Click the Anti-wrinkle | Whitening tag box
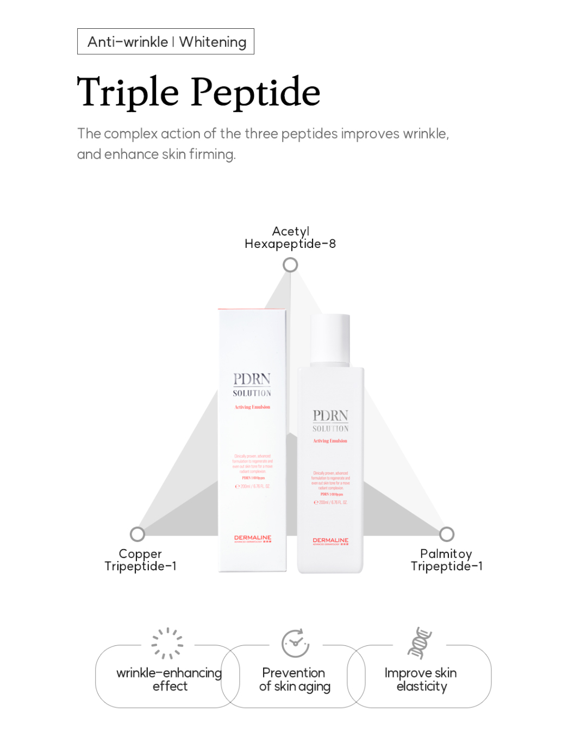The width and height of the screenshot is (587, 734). point(166,42)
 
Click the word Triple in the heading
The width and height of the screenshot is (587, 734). point(128,92)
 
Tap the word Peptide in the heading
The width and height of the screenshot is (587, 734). point(255,92)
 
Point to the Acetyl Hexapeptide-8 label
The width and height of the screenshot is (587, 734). point(290,238)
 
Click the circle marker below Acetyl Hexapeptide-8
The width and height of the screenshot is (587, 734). point(290,265)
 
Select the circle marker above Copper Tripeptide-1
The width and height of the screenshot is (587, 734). point(138,534)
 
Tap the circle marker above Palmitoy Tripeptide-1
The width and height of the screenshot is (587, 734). point(447,534)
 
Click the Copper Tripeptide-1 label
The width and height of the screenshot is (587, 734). point(140,560)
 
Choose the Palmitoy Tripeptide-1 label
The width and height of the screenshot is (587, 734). point(446,560)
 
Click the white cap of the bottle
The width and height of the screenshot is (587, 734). point(330,338)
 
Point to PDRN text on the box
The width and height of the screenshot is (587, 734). point(252,379)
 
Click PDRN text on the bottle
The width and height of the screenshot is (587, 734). point(330,416)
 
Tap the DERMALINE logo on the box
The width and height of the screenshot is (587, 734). point(253,538)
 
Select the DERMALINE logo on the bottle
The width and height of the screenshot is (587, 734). point(330,541)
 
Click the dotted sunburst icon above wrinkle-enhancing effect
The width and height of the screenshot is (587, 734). point(167,643)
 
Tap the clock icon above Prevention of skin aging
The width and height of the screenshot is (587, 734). point(295,643)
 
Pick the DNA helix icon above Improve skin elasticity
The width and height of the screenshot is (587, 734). point(420,643)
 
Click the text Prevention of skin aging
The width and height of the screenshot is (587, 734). point(295,680)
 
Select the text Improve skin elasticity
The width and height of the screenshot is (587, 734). point(421,680)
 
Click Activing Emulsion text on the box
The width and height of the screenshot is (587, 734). point(252,407)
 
